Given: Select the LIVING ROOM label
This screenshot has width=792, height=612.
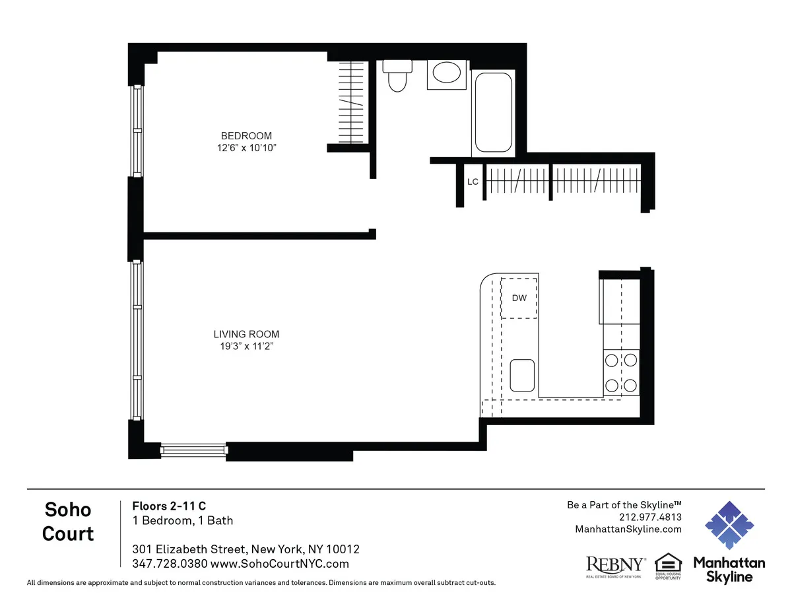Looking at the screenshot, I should pos(246,334).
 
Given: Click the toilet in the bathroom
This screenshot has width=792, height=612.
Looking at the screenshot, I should pos(397,76).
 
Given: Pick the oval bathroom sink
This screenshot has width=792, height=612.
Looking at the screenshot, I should pos(447,73).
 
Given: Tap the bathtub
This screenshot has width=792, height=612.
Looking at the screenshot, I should pos(492,112).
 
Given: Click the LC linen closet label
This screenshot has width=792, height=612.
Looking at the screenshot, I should pos(473,182).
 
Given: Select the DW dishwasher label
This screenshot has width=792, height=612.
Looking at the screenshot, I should pos(519,298).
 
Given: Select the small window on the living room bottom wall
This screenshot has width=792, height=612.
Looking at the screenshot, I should pos(194,450).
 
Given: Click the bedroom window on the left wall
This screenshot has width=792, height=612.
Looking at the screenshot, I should pos(137,131).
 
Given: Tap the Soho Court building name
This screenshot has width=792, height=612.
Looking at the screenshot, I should pos(68,521).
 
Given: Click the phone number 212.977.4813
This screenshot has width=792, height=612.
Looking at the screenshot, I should pos(650,517).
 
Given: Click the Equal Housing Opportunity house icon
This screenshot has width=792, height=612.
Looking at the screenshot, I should pos(667,563).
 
